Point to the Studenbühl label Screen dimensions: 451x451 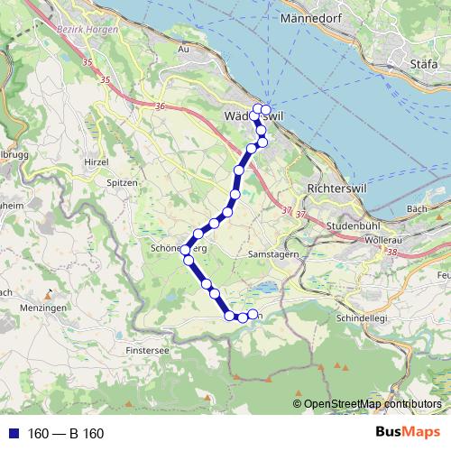pos(331,225)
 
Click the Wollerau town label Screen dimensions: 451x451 pos(384,241)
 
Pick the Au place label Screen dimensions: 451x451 pos(184,50)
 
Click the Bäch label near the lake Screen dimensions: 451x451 pos(416,208)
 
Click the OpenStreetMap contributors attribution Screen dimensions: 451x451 pos(372,404)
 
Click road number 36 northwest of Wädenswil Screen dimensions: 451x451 pos(160,106)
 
